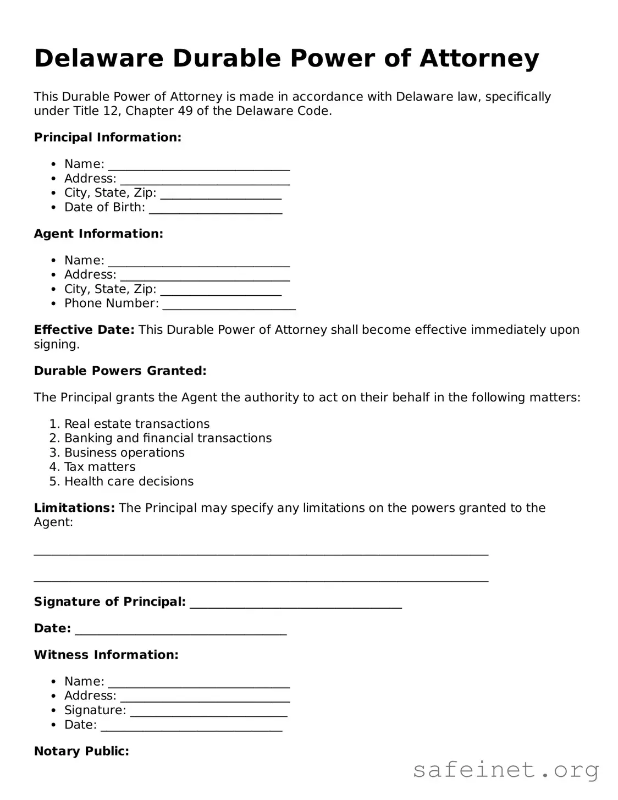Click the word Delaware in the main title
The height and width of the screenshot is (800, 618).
click(x=98, y=58)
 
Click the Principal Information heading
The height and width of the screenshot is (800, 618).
click(x=107, y=137)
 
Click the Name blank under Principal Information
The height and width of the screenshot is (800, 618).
click(x=198, y=165)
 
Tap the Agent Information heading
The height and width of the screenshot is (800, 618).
click(x=98, y=234)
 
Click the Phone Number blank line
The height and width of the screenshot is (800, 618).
click(x=229, y=305)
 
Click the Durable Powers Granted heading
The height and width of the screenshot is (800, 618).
click(x=120, y=371)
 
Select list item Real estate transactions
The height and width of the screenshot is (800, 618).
click(x=137, y=424)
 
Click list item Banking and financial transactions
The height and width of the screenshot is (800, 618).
click(x=168, y=438)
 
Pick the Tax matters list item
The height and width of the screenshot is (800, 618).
click(x=100, y=467)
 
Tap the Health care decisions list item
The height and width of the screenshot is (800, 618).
click(x=129, y=482)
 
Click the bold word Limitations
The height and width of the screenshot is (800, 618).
click(x=74, y=508)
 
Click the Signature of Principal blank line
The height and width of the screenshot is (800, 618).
click(x=295, y=603)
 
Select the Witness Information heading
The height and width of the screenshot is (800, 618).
click(x=106, y=655)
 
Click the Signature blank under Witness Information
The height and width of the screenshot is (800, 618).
click(x=208, y=711)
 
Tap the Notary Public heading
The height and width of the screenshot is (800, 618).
click(x=81, y=751)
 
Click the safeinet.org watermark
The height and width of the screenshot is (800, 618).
click(x=505, y=770)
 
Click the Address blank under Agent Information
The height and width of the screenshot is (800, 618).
click(x=205, y=275)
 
